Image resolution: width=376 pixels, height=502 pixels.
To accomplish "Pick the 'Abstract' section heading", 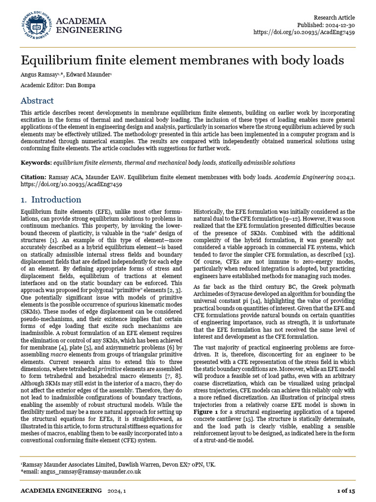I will [37, 101].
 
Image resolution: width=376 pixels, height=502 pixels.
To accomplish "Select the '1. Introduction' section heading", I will [51, 200].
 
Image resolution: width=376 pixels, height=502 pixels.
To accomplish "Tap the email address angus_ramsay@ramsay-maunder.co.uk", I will [83, 472].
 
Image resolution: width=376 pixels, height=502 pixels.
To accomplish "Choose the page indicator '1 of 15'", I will [346, 491].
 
